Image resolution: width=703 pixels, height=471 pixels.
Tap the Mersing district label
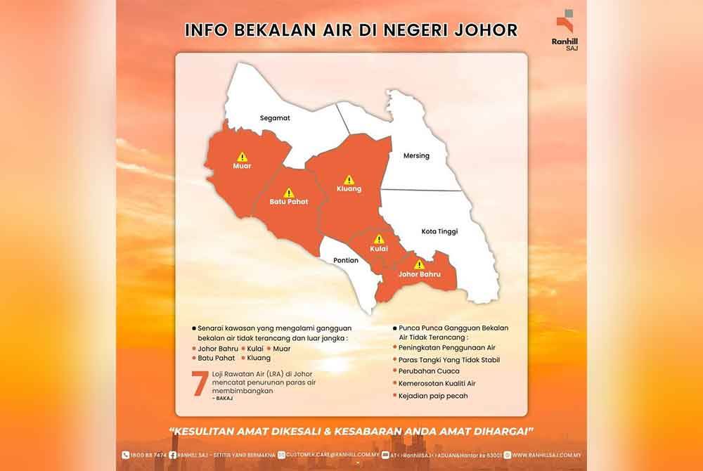click(416, 155)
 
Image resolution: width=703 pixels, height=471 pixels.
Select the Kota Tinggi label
click(439, 231)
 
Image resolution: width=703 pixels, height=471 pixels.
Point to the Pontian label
click(346, 260)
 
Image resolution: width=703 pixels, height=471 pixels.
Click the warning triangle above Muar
click(242, 157)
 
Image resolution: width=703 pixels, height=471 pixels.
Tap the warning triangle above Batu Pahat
click(288, 192)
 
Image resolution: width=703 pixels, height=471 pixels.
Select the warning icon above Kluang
click(349, 179)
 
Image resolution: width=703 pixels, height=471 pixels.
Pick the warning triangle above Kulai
click(379, 239)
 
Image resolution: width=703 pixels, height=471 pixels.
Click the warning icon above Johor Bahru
click(419, 264)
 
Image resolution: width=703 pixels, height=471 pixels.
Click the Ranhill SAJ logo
click(565, 28)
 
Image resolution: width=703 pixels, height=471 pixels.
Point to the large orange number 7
click(200, 383)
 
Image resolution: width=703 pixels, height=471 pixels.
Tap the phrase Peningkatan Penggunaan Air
click(446, 348)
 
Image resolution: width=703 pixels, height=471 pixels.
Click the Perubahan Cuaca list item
click(429, 371)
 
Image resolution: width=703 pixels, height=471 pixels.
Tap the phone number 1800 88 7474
click(147, 455)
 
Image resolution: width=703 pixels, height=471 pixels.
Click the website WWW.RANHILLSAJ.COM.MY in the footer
click(548, 455)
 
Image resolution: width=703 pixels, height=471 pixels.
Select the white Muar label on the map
click(242, 167)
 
